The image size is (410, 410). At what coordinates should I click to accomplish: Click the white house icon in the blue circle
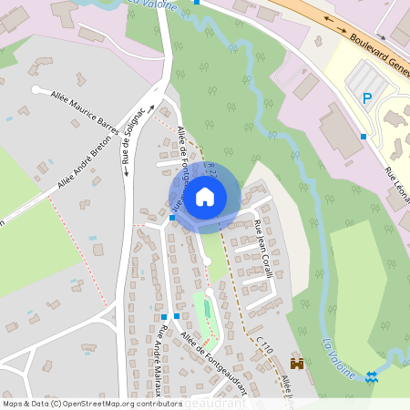coord(205,196)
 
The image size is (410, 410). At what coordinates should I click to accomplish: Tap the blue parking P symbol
coord(367,98)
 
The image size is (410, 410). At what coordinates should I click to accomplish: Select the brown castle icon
coord(296,363)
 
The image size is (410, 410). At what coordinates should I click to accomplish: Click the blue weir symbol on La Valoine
coord(371,376)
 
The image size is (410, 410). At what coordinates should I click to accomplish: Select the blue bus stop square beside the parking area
coord(363,137)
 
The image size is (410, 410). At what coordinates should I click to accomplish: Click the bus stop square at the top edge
coord(197,2)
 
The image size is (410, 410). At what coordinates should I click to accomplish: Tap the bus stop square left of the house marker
coord(171,218)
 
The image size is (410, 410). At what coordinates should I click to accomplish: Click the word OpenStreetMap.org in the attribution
coord(105,403)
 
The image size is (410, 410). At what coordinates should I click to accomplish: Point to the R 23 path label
coord(210,171)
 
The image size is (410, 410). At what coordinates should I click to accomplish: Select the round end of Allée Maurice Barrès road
coord(36,89)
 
